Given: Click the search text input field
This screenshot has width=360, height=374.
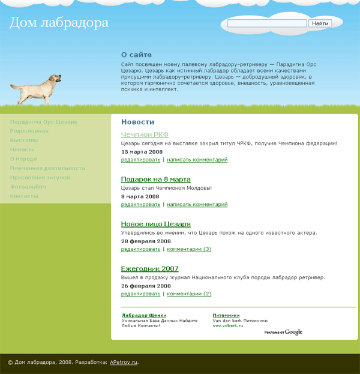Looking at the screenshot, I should [268, 23].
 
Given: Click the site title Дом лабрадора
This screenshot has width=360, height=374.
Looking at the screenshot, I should [59, 23].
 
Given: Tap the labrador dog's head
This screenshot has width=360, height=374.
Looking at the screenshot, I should [56, 79].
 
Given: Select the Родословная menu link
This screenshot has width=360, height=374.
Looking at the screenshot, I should [29, 131].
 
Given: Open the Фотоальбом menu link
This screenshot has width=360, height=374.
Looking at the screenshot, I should [28, 187].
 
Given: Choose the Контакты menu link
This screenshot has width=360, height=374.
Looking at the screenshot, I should [25, 196].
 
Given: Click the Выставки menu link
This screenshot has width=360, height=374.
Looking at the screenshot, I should [25, 140].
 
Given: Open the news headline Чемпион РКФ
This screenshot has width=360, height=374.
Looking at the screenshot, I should [145, 134].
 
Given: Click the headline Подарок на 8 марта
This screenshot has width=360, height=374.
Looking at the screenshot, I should [156, 179].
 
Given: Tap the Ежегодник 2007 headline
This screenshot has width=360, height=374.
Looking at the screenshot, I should [150, 268].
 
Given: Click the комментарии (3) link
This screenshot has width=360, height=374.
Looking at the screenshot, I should [189, 249].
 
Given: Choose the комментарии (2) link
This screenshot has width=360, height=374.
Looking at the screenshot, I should [189, 294].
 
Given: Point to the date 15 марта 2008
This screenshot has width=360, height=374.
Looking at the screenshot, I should [142, 152].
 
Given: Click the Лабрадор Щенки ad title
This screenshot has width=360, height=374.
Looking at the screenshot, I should [144, 315].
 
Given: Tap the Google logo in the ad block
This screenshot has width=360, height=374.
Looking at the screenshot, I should [293, 332].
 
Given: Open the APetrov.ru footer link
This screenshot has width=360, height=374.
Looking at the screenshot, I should [124, 363].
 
